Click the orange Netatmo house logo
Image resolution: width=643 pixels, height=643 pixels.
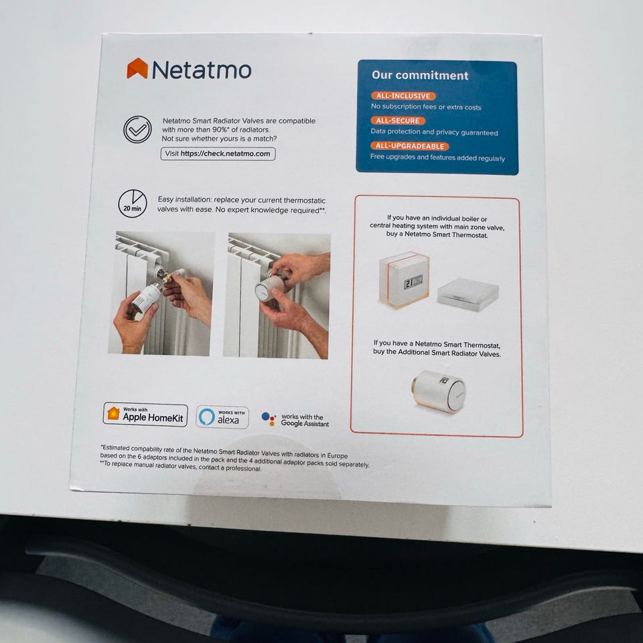(137, 68)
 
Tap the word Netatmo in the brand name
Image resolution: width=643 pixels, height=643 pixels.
(202, 70)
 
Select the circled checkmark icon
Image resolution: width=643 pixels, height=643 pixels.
(137, 129)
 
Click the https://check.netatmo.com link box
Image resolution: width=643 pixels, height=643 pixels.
(218, 154)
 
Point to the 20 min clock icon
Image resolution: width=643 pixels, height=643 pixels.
(133, 204)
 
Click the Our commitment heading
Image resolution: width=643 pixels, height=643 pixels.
(420, 76)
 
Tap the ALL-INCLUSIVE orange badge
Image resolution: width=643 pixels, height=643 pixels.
(403, 96)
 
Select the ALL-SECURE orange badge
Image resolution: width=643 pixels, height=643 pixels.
(398, 121)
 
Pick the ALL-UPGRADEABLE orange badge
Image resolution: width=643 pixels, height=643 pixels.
(410, 147)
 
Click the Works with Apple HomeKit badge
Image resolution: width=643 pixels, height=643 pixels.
(145, 415)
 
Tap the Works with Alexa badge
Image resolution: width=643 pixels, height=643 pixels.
(222, 417)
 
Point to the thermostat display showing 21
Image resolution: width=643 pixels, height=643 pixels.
(413, 282)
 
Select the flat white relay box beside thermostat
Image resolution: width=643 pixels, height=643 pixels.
(468, 295)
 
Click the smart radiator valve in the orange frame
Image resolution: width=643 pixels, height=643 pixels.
(438, 392)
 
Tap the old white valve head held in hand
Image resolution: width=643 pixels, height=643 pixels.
(147, 297)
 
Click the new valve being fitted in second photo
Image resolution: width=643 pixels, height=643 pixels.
(270, 287)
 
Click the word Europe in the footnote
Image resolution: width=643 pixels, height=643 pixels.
(337, 455)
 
